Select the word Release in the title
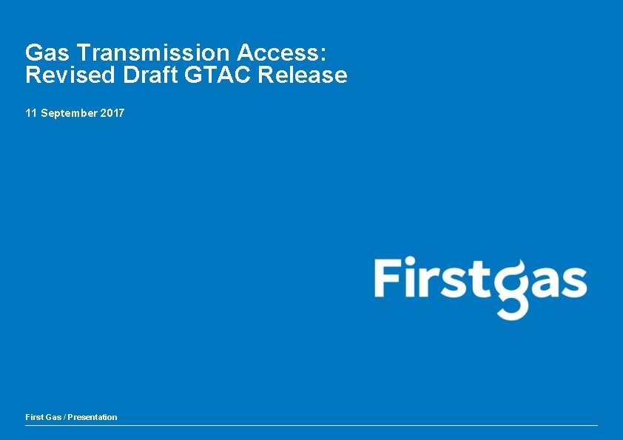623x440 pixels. (x=303, y=75)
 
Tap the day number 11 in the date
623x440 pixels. (x=30, y=113)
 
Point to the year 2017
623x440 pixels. (x=112, y=113)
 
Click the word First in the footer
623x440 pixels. (x=34, y=417)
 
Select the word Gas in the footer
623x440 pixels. (x=54, y=417)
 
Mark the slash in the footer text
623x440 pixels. (x=66, y=417)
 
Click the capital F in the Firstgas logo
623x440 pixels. (x=389, y=277)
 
